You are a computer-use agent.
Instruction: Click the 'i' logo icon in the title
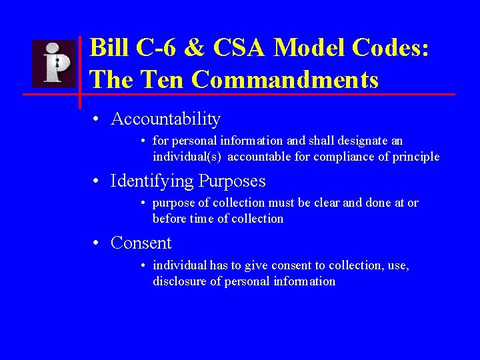[x=55, y=64]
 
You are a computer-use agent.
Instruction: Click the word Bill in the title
[x=106, y=48]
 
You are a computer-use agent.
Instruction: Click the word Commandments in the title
[x=285, y=80]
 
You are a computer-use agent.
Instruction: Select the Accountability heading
[x=165, y=119]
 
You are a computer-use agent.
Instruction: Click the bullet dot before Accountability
[x=97, y=120]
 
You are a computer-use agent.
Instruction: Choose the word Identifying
[x=154, y=181]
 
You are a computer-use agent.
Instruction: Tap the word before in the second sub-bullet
[x=169, y=219]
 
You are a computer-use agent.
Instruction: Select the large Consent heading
[x=141, y=243]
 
